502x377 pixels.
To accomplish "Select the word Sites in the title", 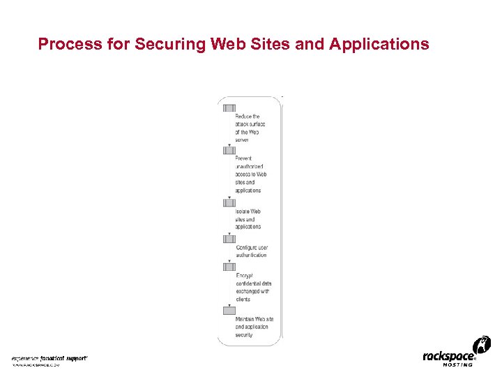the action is pyautogui.click(x=263, y=45).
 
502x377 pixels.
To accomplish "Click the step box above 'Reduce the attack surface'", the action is pyautogui.click(x=229, y=108).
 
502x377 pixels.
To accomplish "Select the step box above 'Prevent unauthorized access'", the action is pyautogui.click(x=229, y=150).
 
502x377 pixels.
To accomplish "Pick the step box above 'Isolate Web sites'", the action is pyautogui.click(x=229, y=202).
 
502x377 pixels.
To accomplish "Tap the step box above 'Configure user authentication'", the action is pyautogui.click(x=229, y=239).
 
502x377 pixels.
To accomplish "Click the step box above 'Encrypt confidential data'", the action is pyautogui.click(x=229, y=267).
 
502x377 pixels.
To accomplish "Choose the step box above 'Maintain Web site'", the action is pyautogui.click(x=229, y=310).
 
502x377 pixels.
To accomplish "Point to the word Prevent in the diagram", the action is pyautogui.click(x=244, y=158).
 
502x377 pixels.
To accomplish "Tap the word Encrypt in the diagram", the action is pyautogui.click(x=244, y=275).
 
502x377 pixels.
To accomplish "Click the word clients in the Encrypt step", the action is pyautogui.click(x=243, y=299).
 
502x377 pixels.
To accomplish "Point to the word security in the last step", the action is pyautogui.click(x=244, y=334).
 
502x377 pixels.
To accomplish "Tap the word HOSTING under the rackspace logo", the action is pyautogui.click(x=457, y=364).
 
